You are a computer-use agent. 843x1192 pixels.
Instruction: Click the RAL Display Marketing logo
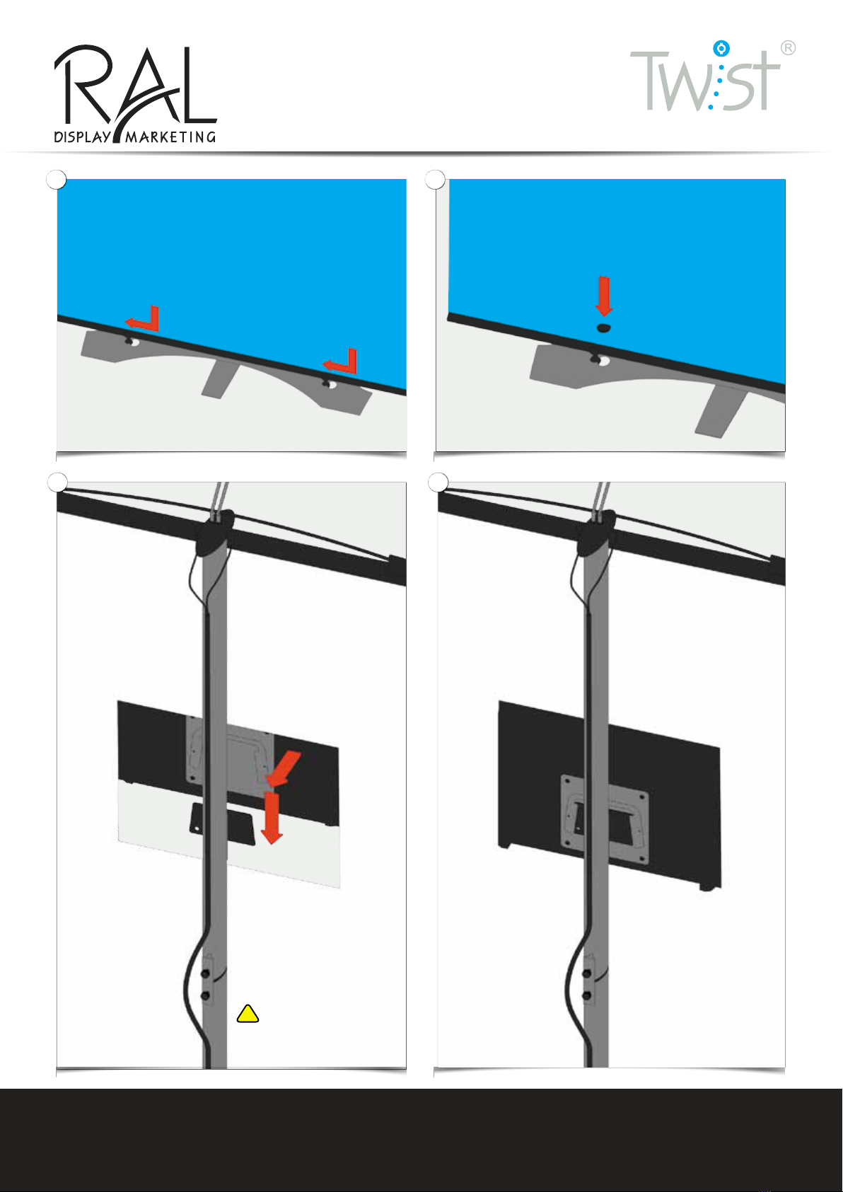pos(135,94)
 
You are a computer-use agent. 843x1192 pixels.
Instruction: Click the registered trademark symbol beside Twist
pos(788,48)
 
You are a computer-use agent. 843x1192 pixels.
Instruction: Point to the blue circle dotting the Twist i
pos(721,48)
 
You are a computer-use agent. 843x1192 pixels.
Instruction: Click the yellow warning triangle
pos(248,1014)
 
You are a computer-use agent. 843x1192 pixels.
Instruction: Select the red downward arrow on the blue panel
pos(604,296)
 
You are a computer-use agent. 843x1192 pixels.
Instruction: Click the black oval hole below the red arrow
pos(603,328)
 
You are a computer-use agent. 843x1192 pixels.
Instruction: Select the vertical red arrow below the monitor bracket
pos(272,817)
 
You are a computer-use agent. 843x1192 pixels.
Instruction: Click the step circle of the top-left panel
pos(57,180)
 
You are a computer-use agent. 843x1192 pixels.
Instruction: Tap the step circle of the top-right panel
pos(435,180)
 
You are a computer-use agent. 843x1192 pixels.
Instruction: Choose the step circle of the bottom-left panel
pos(57,482)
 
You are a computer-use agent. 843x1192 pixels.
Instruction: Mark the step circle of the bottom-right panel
pos(438,482)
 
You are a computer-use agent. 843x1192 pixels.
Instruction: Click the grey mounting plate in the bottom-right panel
pos(605,818)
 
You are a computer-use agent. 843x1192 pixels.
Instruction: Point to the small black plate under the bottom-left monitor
pos(222,823)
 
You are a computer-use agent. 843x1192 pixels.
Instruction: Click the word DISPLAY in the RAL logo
pos(83,137)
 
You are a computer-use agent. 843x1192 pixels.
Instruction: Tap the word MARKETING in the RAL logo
pos(170,137)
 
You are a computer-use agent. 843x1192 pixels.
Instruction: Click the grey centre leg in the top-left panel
pos(220,378)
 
